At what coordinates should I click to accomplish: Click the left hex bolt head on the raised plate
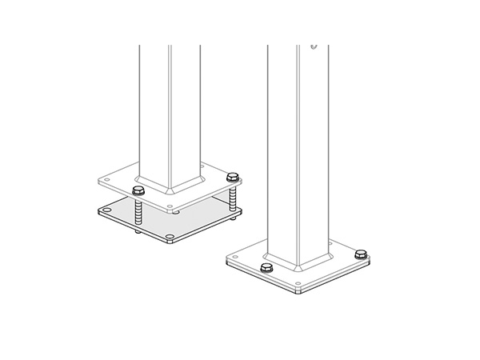(137, 190)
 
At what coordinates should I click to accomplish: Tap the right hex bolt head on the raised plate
(233, 176)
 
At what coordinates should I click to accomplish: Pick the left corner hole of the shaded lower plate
(105, 211)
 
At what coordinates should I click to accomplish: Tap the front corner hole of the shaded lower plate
(170, 238)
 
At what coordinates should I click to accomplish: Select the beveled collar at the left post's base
(170, 186)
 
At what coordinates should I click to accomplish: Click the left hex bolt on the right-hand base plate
(266, 267)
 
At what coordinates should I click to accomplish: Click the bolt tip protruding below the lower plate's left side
(138, 233)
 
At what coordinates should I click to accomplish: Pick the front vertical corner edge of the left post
(170, 120)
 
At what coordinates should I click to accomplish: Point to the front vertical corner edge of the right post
(299, 160)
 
